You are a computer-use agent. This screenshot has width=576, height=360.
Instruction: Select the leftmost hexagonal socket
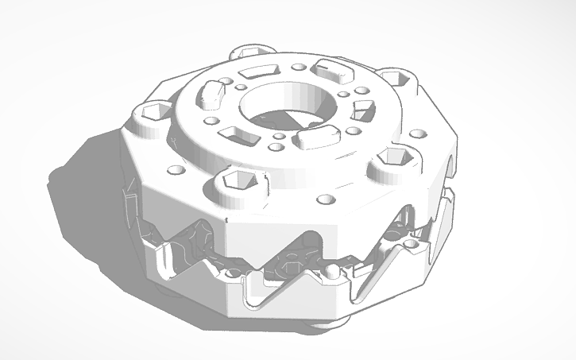(x=151, y=112)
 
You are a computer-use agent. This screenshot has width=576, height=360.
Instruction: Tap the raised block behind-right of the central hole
(x=334, y=72)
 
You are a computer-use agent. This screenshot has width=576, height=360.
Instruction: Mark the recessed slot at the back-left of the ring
(x=257, y=72)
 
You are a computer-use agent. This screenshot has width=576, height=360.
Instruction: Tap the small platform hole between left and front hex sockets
(x=175, y=169)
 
